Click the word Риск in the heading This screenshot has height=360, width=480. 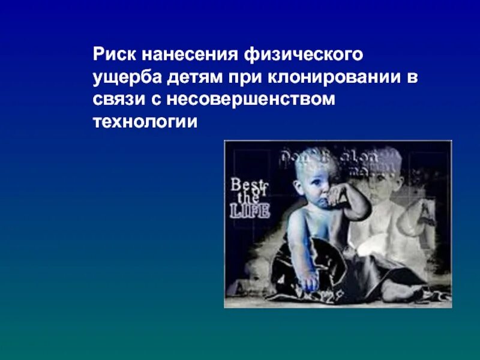pyautogui.click(x=115, y=56)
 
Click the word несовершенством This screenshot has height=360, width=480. pyautogui.click(x=251, y=100)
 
